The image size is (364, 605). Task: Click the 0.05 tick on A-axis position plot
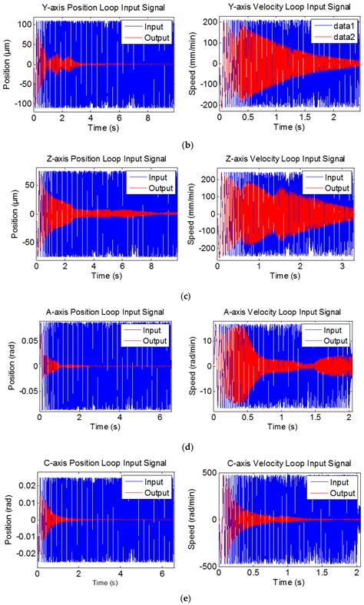point(24,339)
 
